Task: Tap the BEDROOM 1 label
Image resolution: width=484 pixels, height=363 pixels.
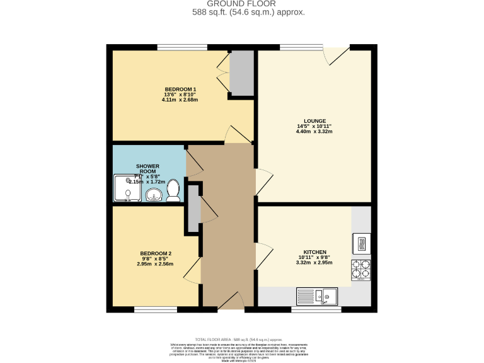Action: (x=180, y=89)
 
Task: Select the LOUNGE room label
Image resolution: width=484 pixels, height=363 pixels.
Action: (x=314, y=121)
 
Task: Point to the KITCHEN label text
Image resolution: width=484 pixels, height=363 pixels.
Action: (x=314, y=251)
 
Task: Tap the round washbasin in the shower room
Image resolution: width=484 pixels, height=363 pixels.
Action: (x=153, y=196)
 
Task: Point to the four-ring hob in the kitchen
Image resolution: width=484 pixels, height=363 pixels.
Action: (x=361, y=270)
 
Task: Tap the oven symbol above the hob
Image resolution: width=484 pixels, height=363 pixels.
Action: (x=362, y=243)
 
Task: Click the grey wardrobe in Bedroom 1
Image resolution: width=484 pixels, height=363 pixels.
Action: (x=241, y=73)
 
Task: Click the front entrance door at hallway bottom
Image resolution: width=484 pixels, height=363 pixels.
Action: (x=231, y=302)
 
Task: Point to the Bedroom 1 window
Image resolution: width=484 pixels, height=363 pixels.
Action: (x=182, y=47)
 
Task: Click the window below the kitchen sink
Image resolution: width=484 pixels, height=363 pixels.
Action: (x=316, y=309)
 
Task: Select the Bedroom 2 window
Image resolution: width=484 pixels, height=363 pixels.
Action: (x=156, y=309)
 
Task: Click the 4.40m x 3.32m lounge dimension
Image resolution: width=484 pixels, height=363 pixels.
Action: (x=314, y=132)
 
